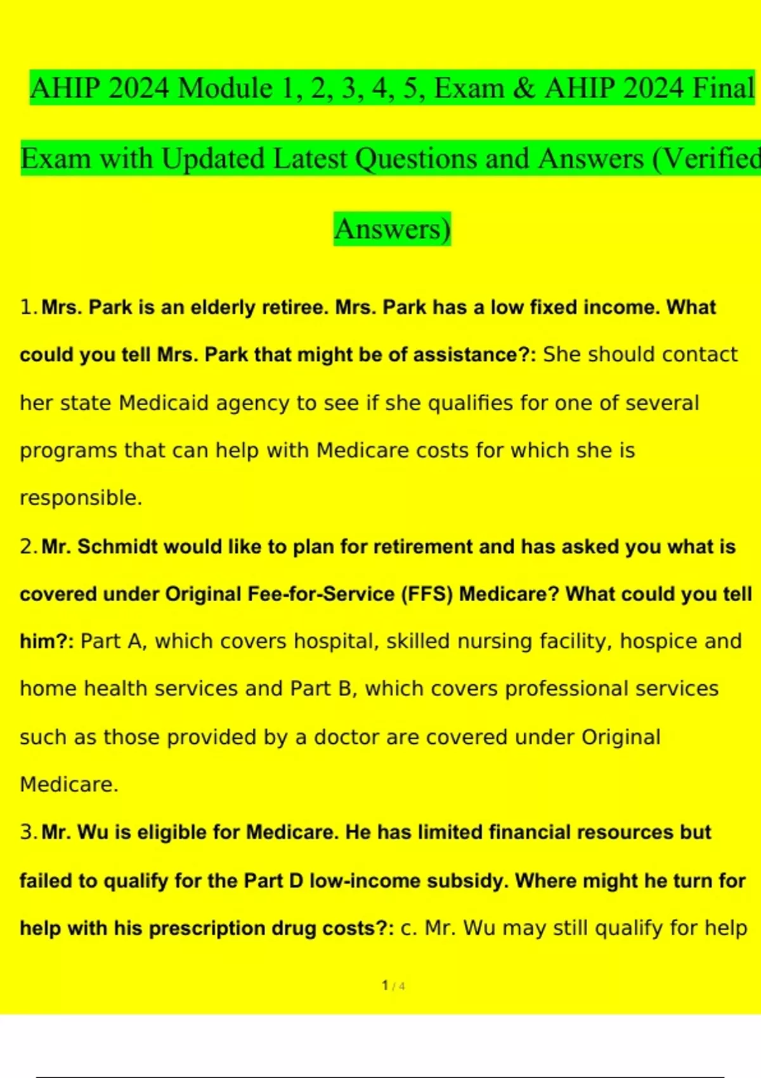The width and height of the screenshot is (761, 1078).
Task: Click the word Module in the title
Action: coord(225,88)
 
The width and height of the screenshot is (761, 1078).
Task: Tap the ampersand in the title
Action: coord(523,88)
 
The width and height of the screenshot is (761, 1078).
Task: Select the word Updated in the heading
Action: coord(212,159)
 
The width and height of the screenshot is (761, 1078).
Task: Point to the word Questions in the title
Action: coord(415,159)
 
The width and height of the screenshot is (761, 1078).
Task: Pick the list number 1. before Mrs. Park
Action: coord(29,308)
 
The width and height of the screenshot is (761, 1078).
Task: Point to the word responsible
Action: coord(80,498)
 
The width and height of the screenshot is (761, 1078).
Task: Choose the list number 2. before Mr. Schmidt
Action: coord(29,547)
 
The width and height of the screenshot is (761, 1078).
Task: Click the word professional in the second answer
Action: coord(566,689)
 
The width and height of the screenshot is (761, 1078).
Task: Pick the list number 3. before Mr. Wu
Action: coord(29,832)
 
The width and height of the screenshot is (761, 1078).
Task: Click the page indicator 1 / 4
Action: coord(393,985)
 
